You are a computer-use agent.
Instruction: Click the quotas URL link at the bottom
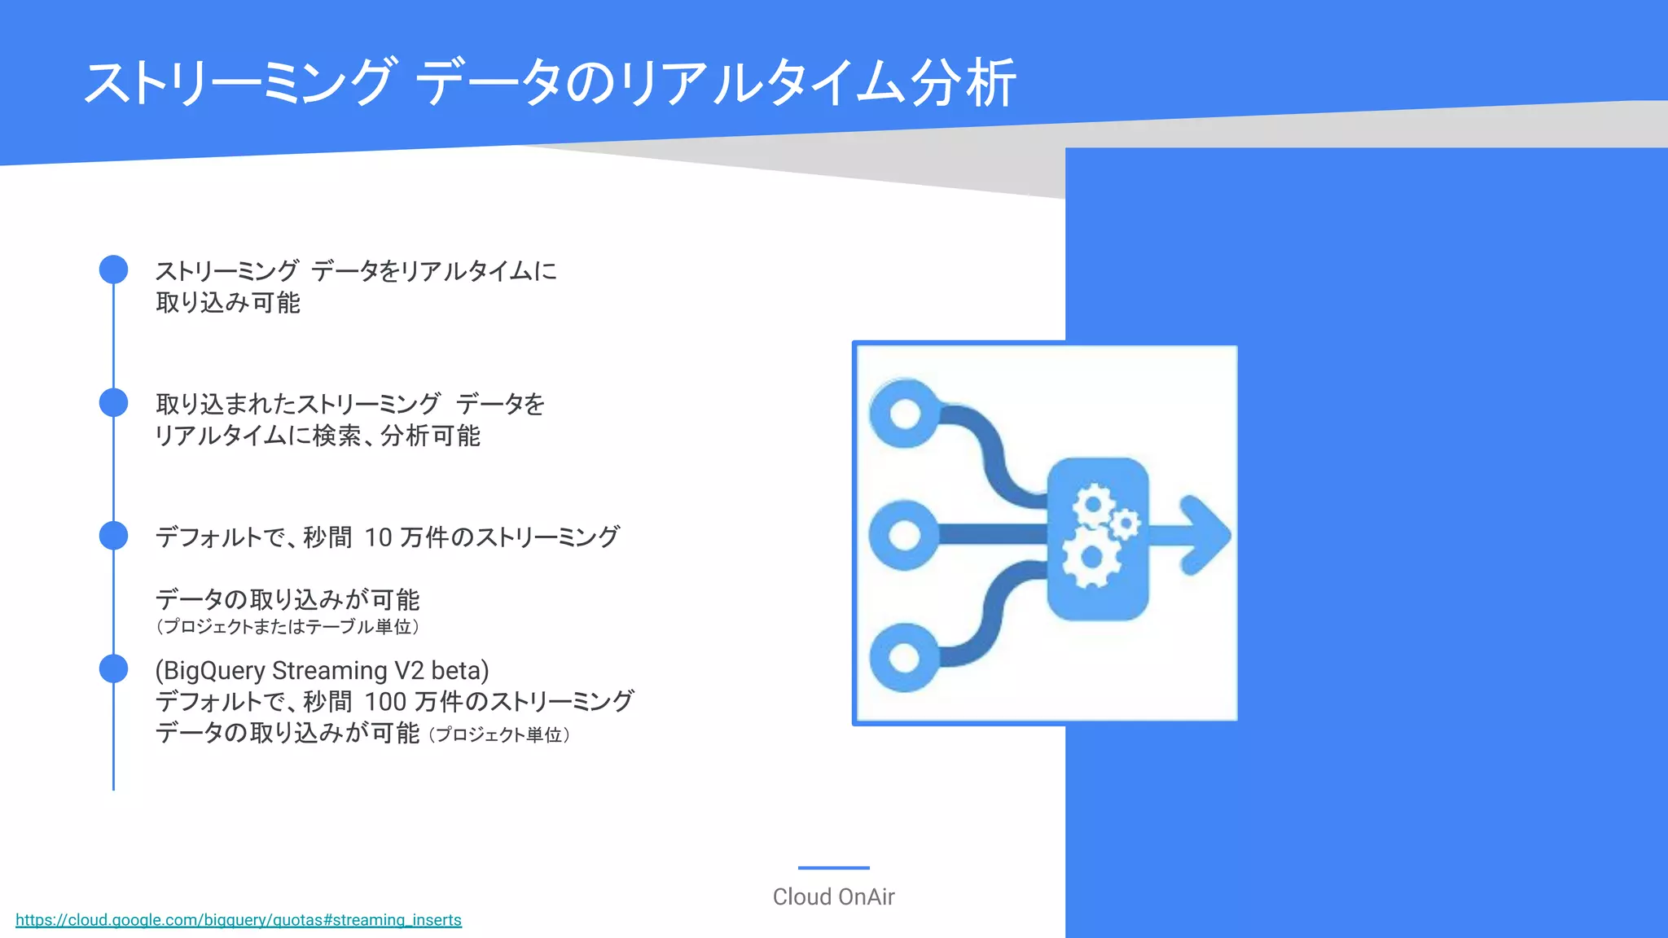[239, 920]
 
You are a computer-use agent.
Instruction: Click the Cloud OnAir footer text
[833, 896]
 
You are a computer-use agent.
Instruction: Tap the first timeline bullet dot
[113, 270]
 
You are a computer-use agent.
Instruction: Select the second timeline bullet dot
[113, 402]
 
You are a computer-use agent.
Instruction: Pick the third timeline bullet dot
[113, 536]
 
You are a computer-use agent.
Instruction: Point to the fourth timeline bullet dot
[113, 668]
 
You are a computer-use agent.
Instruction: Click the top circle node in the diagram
[905, 413]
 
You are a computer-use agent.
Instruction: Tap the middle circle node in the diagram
[905, 535]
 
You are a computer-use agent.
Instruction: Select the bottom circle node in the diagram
[905, 657]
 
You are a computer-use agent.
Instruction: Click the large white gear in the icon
[1091, 557]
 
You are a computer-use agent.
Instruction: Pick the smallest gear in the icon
[1126, 523]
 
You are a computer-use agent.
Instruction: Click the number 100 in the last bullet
[385, 702]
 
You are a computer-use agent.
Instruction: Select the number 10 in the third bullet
[378, 537]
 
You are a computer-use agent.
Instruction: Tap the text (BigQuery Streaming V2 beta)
[322, 670]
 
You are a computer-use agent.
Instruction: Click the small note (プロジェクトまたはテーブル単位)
[288, 627]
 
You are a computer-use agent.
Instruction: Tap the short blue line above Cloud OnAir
[833, 868]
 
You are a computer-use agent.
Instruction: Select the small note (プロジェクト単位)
[499, 735]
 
